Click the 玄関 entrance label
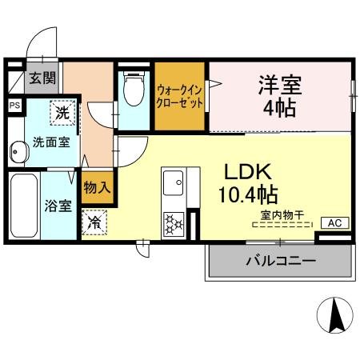[x=42, y=78]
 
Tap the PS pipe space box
[x=14, y=105]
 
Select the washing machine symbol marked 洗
[x=62, y=114]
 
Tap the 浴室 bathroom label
[x=58, y=206]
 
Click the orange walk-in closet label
[x=181, y=98]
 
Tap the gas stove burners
[x=174, y=222]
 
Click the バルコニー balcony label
[x=279, y=261]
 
